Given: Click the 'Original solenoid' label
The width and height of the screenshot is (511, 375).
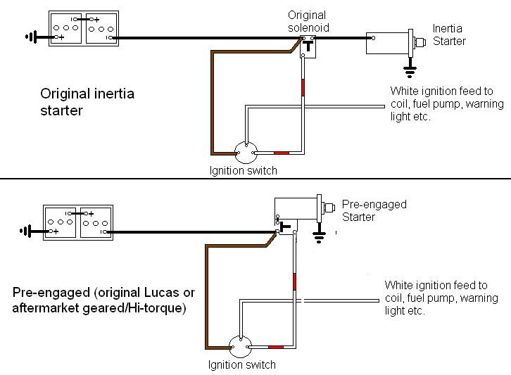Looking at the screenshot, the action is point(308,21).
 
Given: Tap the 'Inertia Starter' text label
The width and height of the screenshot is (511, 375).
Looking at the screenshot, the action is point(449,34).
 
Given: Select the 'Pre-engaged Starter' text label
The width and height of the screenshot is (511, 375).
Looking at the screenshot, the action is point(374,210).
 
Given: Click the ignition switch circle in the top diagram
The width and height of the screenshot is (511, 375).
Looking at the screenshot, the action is point(246,152).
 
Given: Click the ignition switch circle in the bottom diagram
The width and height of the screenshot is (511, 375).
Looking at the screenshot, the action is point(240,347).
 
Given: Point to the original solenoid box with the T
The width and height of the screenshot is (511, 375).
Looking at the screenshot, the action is point(308,47).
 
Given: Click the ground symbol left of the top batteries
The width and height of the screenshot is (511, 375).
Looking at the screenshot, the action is point(32,37).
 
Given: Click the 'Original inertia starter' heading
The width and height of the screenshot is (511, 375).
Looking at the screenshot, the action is point(87,102).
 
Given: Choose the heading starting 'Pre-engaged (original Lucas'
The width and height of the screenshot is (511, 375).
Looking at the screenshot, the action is point(103,300).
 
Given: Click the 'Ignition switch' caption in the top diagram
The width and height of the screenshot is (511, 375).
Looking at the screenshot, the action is point(243,170).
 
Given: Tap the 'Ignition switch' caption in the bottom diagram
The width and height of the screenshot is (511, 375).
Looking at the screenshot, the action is point(242,364).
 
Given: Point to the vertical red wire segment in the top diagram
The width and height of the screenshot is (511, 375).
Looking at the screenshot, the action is point(303,88).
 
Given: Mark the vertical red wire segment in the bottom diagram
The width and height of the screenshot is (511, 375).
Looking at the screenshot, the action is point(294,282).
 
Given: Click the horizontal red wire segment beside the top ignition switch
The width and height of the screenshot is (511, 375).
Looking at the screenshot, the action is point(282,153).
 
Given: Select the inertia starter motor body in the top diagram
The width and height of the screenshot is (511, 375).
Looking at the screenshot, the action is point(388,43).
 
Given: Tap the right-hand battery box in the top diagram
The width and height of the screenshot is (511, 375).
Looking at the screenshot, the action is point(101,28).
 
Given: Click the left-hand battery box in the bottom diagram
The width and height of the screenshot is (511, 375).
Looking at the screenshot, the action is point(60,222).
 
